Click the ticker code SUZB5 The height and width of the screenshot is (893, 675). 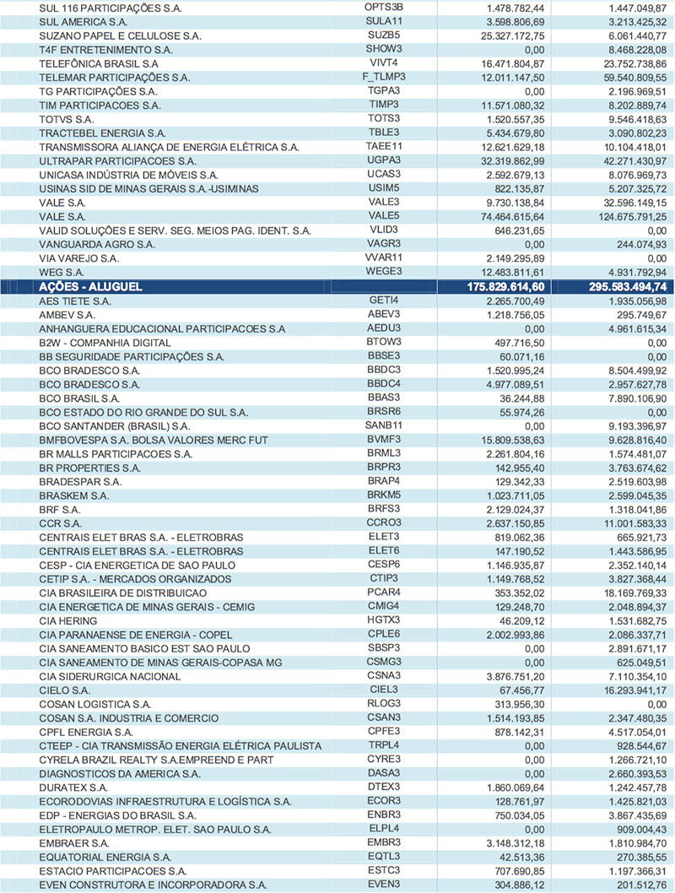(x=383, y=35)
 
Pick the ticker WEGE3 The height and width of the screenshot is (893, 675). (x=383, y=272)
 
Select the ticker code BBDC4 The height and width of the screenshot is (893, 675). (x=383, y=383)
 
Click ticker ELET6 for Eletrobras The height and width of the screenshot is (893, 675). (x=383, y=549)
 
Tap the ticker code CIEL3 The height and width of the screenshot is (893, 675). (x=383, y=689)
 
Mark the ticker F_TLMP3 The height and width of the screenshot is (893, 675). (x=383, y=76)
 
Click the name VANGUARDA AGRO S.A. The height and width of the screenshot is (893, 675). (x=97, y=244)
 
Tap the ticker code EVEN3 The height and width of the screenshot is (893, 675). (x=383, y=884)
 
